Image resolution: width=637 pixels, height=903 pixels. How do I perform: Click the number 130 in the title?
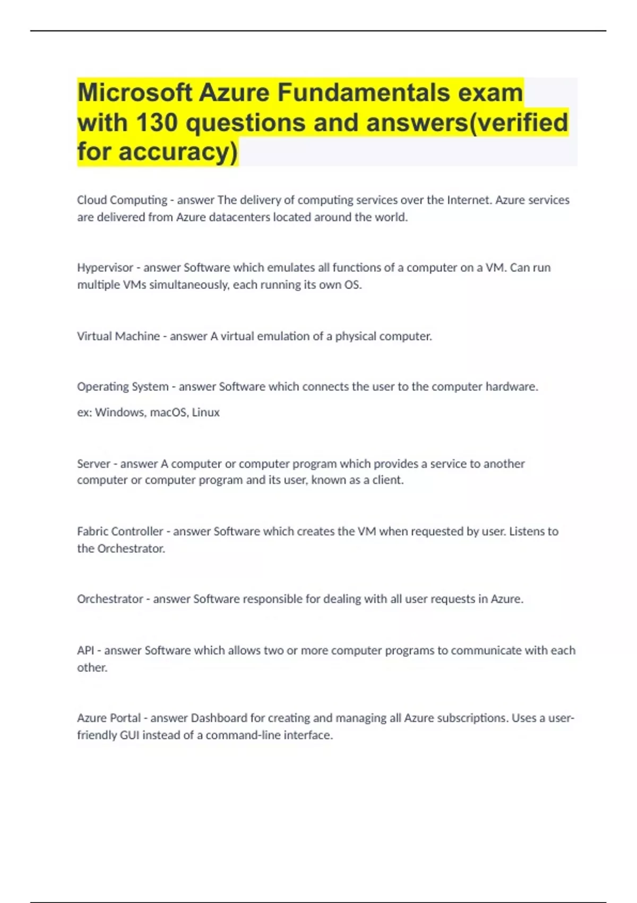(x=157, y=122)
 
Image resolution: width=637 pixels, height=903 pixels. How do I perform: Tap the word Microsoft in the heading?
(x=134, y=92)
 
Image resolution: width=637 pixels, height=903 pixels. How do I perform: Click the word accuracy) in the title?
(x=178, y=152)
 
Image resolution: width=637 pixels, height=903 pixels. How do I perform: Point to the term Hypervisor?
(x=105, y=268)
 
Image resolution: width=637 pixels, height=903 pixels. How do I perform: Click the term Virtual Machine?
(x=118, y=336)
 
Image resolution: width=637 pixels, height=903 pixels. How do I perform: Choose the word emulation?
(x=280, y=336)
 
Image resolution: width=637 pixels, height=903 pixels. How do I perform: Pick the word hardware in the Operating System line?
(x=511, y=387)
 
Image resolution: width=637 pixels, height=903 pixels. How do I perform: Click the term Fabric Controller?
(x=120, y=531)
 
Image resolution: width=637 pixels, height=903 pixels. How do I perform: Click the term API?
(x=85, y=650)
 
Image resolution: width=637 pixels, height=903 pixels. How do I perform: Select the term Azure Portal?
(x=109, y=718)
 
